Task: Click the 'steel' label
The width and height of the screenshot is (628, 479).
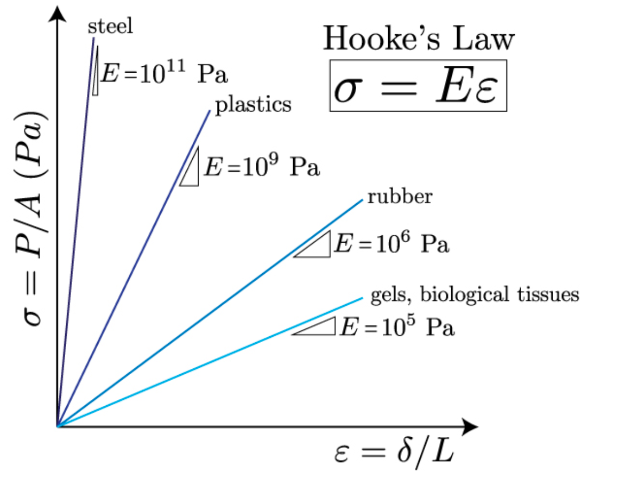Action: [110, 27]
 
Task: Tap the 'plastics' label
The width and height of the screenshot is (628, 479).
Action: [253, 104]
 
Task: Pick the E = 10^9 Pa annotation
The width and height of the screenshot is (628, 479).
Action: [262, 167]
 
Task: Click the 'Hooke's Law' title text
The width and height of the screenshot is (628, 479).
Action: [419, 40]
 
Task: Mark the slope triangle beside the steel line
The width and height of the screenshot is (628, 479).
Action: [95, 75]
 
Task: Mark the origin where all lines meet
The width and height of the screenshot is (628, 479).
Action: [57, 426]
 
